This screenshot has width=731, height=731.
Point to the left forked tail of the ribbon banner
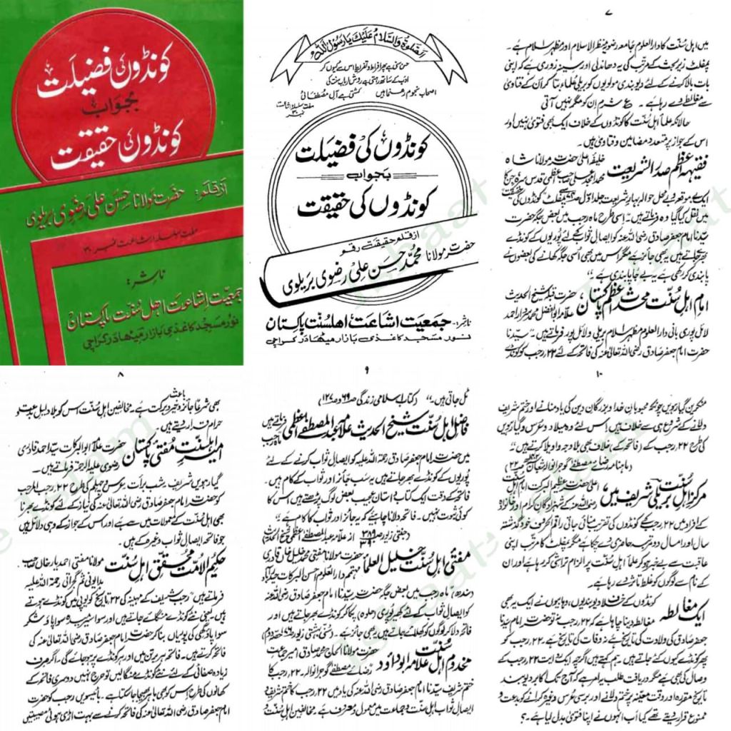pyautogui.click(x=280, y=67)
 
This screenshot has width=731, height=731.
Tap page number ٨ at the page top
pyautogui.click(x=121, y=373)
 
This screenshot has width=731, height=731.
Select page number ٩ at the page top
pyautogui.click(x=365, y=370)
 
